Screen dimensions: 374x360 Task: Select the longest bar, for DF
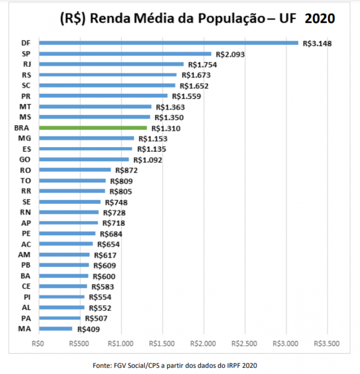click(x=168, y=43)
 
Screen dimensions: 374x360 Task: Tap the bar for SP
click(x=125, y=54)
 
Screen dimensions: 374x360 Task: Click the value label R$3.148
click(x=317, y=43)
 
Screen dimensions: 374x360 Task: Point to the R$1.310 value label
click(x=166, y=128)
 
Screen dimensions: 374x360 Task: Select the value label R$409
click(x=88, y=329)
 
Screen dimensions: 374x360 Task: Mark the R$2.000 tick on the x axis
click(x=203, y=344)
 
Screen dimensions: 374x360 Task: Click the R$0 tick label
click(x=38, y=344)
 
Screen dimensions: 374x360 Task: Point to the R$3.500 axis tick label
click(x=327, y=344)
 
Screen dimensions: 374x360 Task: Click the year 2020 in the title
click(x=320, y=19)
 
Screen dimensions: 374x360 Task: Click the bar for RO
click(x=75, y=170)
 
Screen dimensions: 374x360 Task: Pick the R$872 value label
click(x=126, y=170)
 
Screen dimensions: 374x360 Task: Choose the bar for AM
click(x=64, y=255)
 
